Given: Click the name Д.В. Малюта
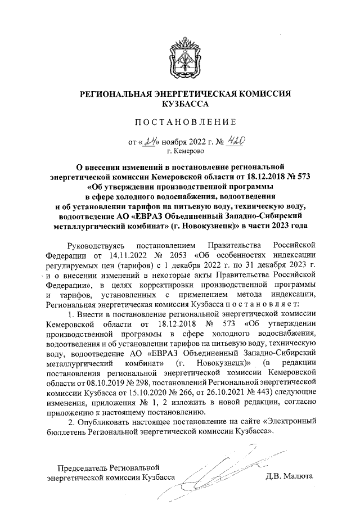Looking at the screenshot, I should coord(290,477).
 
